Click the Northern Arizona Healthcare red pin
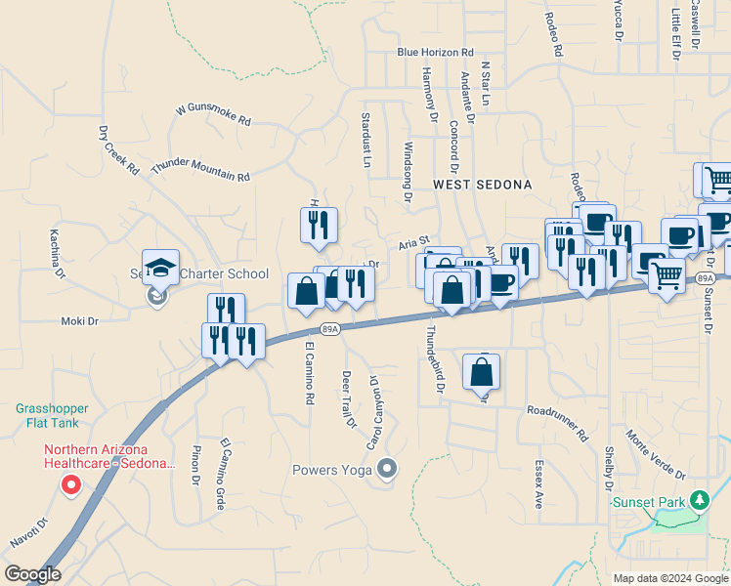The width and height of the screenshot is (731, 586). pyautogui.click(x=70, y=484)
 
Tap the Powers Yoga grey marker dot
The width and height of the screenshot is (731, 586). pyautogui.click(x=388, y=470)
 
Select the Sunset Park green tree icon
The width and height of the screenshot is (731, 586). pyautogui.click(x=699, y=501)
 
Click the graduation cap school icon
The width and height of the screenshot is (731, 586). pyautogui.click(x=160, y=269)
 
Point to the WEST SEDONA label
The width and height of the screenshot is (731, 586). pyautogui.click(x=483, y=184)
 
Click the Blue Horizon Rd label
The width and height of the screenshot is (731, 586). pyautogui.click(x=435, y=53)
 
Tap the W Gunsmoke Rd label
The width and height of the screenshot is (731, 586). pyautogui.click(x=213, y=115)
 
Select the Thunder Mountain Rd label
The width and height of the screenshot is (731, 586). pyautogui.click(x=200, y=170)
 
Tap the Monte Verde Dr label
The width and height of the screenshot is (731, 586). pyautogui.click(x=656, y=455)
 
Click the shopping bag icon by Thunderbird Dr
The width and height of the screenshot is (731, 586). pyautogui.click(x=482, y=372)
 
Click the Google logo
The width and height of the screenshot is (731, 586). pyautogui.click(x=32, y=574)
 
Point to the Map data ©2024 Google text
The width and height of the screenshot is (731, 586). pyautogui.click(x=669, y=578)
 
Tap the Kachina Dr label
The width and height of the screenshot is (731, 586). pyautogui.click(x=59, y=255)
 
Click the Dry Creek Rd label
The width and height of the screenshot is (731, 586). pyautogui.click(x=119, y=149)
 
